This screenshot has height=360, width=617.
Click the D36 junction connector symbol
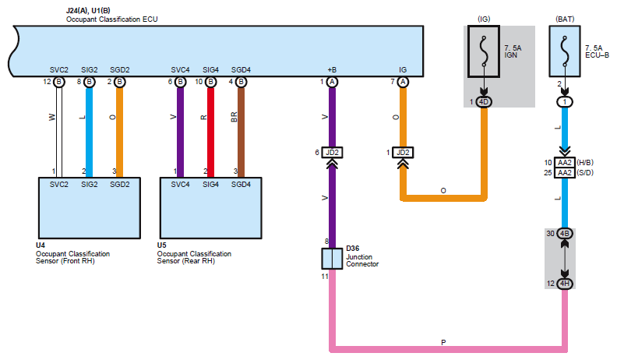coord(332,259)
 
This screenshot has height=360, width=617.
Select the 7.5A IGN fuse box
coord(484,51)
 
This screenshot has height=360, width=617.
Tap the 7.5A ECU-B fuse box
coord(565,51)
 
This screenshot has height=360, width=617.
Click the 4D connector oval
coord(484,102)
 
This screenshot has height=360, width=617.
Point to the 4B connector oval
coord(565,234)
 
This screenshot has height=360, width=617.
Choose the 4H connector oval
coord(565,284)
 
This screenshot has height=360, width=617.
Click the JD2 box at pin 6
coord(332,152)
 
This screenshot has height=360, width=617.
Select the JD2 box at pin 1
coord(403,152)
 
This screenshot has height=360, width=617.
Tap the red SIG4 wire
coord(210,132)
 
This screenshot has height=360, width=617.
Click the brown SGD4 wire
coord(241,132)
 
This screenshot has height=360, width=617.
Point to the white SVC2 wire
coord(58,132)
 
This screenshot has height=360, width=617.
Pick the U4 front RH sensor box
coord(90,208)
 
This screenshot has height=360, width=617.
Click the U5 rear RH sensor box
coord(210,208)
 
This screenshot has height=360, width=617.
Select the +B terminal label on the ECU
coord(332,69)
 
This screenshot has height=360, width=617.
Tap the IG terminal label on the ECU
coord(403,69)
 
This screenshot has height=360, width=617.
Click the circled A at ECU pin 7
coord(403,82)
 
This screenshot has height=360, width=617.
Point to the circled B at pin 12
coord(58,82)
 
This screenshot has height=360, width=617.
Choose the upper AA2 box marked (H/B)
coord(565,163)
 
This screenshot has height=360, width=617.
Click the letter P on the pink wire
coord(443,342)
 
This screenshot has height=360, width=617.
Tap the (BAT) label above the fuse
coord(565,19)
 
